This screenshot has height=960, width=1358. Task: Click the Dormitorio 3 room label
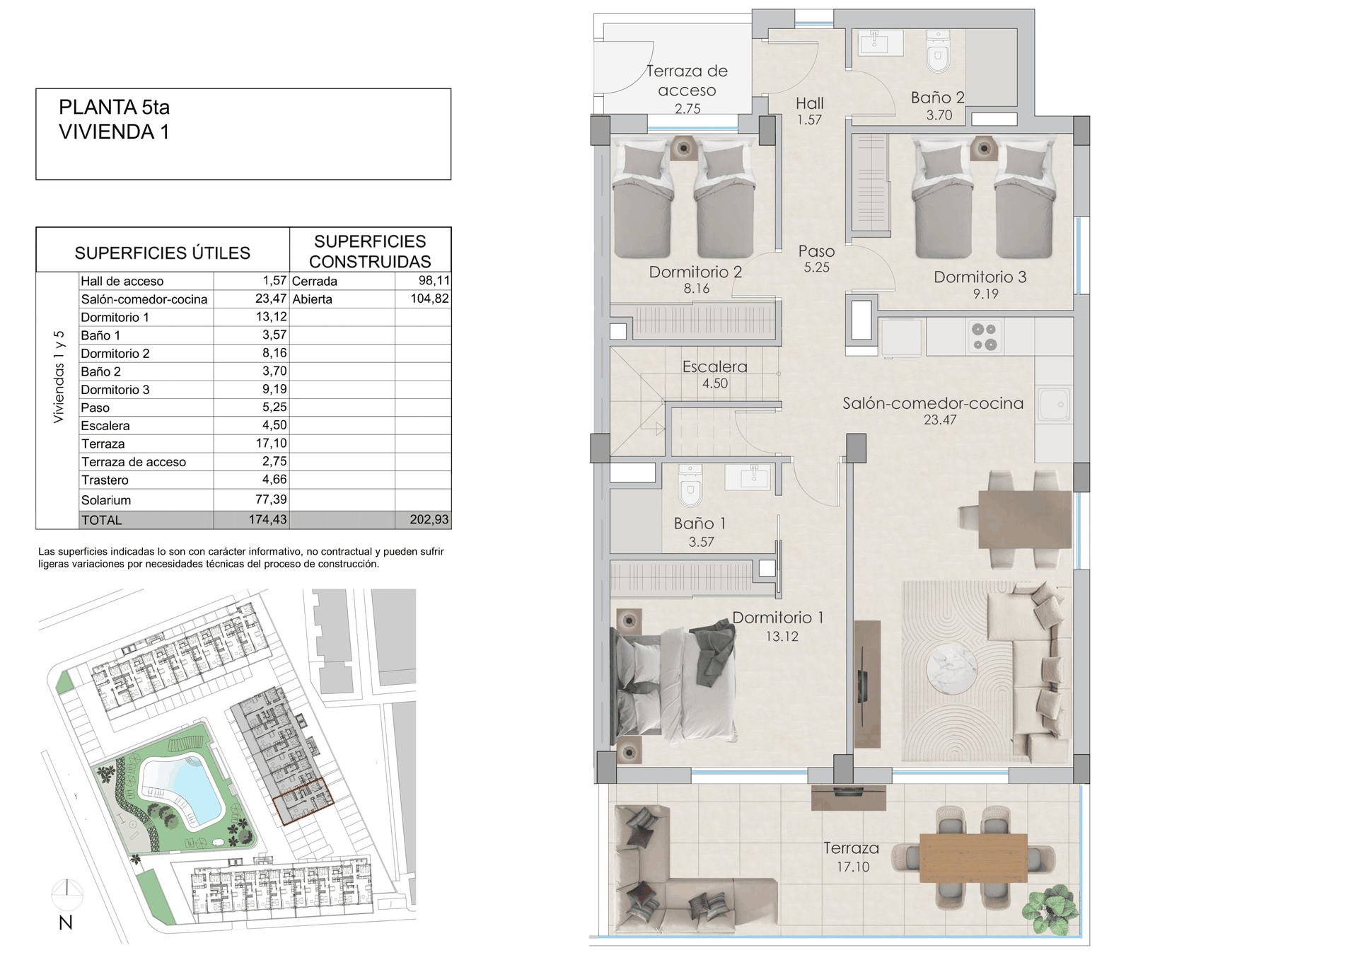click(980, 277)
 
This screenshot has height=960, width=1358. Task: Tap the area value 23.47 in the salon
click(940, 420)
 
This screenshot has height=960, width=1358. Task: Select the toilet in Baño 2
click(939, 52)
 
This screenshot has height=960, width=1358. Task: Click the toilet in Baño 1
click(690, 485)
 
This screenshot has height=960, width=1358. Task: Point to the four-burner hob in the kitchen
click(984, 337)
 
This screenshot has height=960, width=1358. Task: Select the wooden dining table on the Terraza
click(973, 857)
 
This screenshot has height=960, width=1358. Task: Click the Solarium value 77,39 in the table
click(271, 499)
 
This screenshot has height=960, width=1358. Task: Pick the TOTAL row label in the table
click(102, 520)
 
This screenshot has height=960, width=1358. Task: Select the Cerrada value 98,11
click(434, 280)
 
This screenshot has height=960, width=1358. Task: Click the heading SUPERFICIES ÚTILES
click(163, 253)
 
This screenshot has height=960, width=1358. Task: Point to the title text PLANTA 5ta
click(115, 107)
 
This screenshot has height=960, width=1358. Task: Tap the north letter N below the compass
click(66, 923)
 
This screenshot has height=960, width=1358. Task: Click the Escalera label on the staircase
click(714, 366)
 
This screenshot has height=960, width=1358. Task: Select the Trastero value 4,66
click(274, 479)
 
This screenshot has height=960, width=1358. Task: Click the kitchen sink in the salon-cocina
click(1054, 405)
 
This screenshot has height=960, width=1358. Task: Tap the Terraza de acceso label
click(687, 80)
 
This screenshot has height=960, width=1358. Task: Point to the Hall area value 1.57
click(809, 120)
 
